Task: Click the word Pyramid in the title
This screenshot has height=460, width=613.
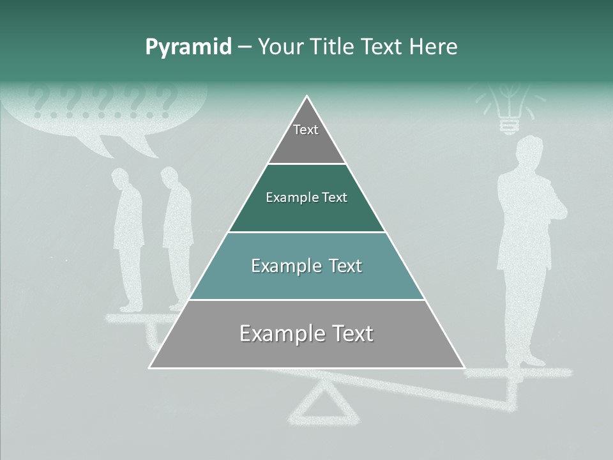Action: click(x=188, y=47)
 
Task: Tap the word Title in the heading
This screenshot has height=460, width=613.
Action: click(x=330, y=47)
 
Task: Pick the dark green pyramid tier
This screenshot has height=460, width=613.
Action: click(x=306, y=198)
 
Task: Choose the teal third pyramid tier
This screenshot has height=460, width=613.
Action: click(x=306, y=266)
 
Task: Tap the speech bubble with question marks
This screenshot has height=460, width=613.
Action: click(x=105, y=112)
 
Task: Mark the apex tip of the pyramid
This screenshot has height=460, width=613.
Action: click(x=307, y=97)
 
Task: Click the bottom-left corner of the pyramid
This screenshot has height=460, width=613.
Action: click(x=150, y=367)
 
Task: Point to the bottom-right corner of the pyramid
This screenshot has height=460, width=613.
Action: click(x=464, y=367)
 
